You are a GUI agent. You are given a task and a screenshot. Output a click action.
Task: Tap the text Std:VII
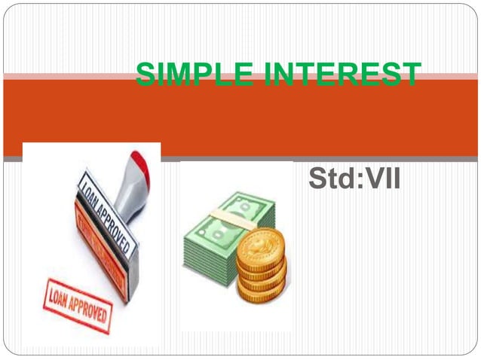pyautogui.click(x=354, y=180)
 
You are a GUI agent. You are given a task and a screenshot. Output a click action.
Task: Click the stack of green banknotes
pyautogui.click(x=219, y=233)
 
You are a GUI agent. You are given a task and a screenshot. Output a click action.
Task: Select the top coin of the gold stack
pyautogui.click(x=261, y=240)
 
